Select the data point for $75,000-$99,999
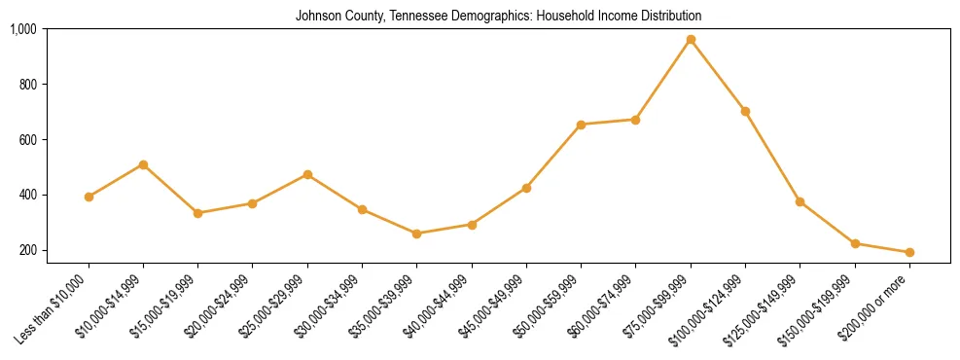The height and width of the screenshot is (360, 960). (691, 40)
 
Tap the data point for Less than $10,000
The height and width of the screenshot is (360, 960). (89, 197)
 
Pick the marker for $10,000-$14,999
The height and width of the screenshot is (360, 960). (143, 164)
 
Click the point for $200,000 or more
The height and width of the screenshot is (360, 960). (909, 252)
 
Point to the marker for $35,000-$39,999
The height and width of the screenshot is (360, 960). (417, 234)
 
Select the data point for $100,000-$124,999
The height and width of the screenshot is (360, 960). (745, 111)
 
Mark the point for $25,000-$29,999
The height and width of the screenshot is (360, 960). (307, 174)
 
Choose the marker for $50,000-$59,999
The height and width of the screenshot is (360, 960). (581, 125)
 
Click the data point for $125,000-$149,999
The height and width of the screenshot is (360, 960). (800, 201)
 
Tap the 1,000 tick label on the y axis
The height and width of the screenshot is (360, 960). (23, 29)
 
